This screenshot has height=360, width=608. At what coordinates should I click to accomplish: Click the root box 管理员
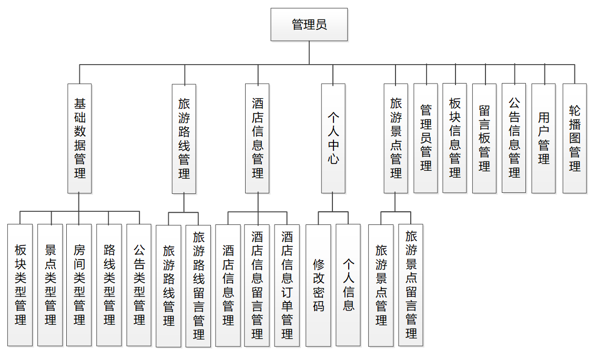point(309,25)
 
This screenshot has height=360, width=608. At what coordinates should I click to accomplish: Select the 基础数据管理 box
point(79,138)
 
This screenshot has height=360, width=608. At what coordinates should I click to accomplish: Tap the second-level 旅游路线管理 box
point(184,138)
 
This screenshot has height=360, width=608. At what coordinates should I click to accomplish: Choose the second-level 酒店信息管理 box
point(258,138)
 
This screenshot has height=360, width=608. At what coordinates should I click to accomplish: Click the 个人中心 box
point(333,138)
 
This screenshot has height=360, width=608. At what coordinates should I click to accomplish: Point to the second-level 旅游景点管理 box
point(396,138)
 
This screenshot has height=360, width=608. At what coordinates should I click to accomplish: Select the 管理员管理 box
point(425,138)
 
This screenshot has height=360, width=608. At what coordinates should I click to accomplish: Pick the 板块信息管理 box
point(454,138)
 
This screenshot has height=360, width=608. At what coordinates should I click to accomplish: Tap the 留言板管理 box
point(484,138)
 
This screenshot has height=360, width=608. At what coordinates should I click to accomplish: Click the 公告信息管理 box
point(514,138)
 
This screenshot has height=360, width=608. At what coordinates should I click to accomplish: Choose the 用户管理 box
point(543,138)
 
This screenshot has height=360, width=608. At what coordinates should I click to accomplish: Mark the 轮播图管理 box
point(574,138)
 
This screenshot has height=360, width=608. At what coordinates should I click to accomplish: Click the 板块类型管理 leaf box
point(21,285)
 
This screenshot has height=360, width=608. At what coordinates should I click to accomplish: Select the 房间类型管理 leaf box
point(79,285)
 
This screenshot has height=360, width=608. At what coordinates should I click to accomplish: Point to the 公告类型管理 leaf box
point(139,285)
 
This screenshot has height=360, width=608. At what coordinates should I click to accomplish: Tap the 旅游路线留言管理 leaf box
point(198,286)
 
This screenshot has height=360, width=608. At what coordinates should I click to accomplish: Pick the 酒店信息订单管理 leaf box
point(287,286)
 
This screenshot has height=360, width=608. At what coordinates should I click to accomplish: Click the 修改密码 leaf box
point(319,286)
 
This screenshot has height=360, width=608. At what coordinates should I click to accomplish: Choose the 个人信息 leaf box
point(348,286)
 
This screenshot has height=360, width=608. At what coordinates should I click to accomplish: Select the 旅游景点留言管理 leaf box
point(411,285)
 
